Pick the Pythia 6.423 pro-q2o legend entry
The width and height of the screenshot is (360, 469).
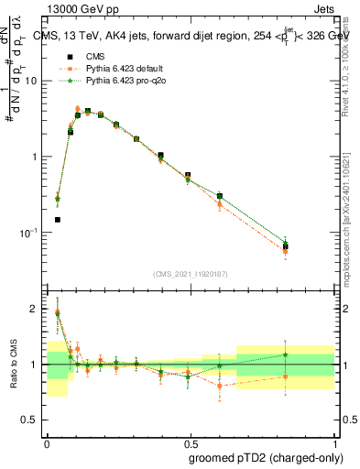(x=121, y=81)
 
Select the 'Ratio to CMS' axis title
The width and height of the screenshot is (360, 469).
(x=15, y=365)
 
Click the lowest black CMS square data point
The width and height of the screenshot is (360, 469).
(x=57, y=220)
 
